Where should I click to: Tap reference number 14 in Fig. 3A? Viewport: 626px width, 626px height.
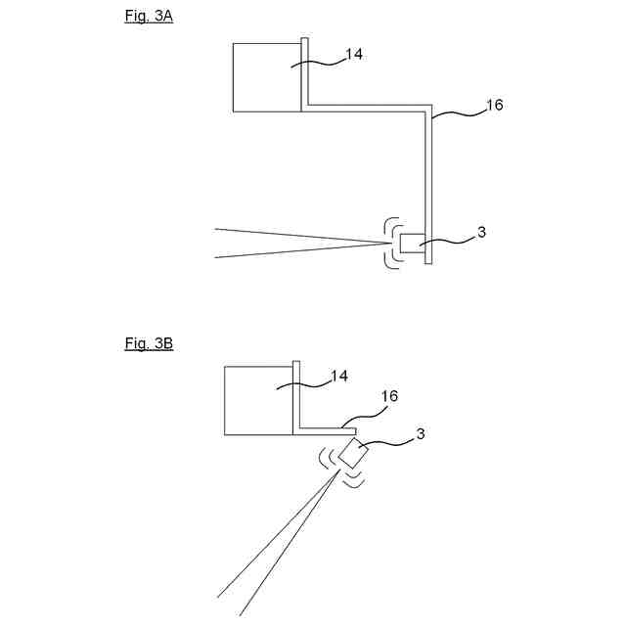click(354, 55)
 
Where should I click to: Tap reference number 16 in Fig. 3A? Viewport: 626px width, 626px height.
click(495, 105)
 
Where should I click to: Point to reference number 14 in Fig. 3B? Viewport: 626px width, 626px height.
click(339, 376)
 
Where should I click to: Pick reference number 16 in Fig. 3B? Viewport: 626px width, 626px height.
click(388, 396)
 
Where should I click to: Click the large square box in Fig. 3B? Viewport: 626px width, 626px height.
click(258, 400)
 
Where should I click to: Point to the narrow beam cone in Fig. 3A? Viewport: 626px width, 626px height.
click(293, 243)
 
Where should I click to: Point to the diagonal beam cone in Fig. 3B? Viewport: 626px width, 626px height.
click(284, 538)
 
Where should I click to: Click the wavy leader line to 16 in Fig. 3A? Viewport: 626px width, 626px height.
click(460, 116)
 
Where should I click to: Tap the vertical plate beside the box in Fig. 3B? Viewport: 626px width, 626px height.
click(294, 396)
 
